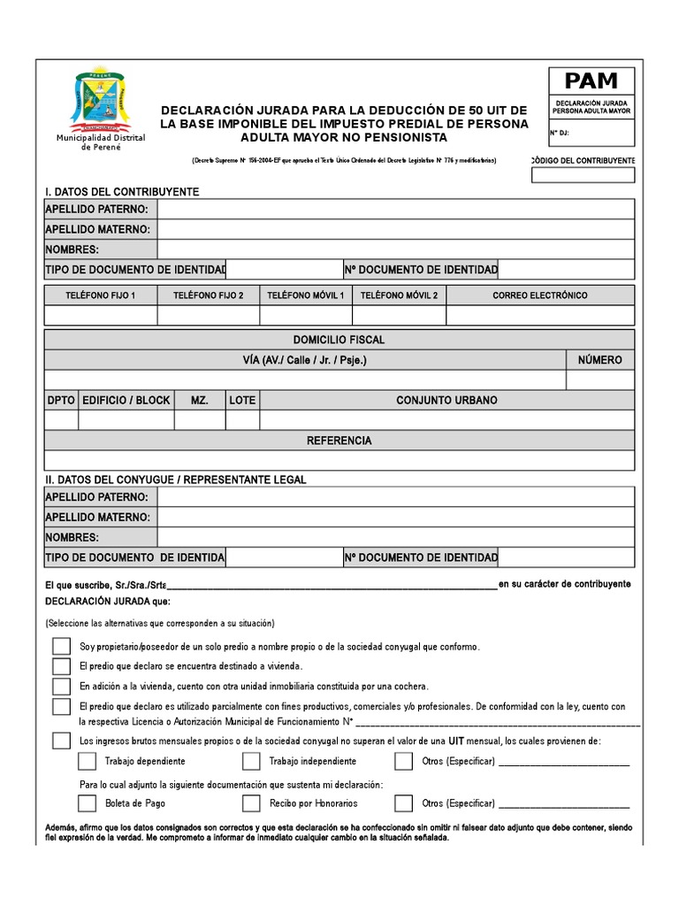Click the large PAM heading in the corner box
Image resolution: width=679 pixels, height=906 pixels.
coord(591,81)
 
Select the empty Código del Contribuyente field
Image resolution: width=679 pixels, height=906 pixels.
coord(583,174)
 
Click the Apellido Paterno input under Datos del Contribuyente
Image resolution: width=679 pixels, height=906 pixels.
coord(395,209)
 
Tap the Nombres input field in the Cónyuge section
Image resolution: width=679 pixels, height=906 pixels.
coord(395,537)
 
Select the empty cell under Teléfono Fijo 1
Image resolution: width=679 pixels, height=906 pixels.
coord(101,315)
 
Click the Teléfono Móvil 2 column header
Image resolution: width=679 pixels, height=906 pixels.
coord(399,295)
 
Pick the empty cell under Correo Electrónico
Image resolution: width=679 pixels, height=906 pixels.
coord(539,315)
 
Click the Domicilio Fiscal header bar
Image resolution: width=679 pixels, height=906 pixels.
coord(339,340)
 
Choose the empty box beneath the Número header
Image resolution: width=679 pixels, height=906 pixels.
coord(599,380)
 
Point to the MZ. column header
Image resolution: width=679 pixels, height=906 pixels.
coord(200,400)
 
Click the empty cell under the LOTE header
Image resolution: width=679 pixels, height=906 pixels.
coord(242,420)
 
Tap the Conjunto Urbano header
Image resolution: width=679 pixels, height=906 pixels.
coord(446,400)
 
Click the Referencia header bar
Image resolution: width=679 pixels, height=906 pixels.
coord(339,440)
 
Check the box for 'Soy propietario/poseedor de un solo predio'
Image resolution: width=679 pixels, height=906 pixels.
coord(61,646)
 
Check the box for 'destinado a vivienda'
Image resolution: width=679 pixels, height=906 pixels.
coord(61,666)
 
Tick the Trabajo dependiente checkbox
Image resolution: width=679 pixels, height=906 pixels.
coord(87,761)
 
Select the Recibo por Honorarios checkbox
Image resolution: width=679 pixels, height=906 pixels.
coord(251,803)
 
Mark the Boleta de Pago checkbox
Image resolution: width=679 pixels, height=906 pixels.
coord(87,803)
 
